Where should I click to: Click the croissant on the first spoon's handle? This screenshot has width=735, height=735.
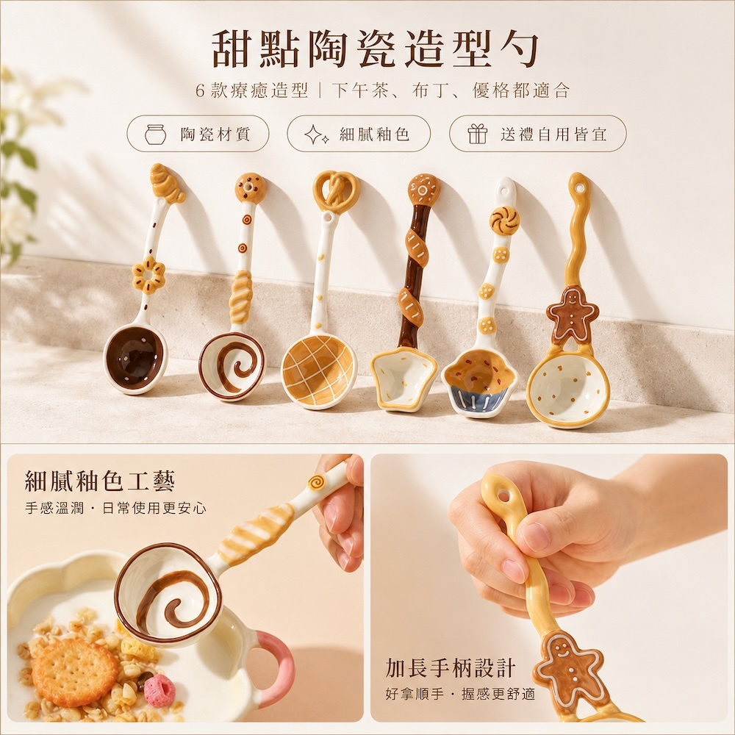tap(168, 183)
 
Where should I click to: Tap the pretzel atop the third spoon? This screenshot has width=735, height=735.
tap(336, 191)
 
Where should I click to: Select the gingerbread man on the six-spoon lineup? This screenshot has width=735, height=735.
tap(573, 312)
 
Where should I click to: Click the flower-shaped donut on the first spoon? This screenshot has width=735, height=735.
tap(148, 275)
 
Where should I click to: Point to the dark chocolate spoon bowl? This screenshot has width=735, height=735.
tap(135, 356)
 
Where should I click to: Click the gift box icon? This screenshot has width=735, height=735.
tap(477, 134)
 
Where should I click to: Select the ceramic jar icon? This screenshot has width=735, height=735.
tap(155, 134)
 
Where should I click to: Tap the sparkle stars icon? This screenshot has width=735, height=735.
tap(316, 134)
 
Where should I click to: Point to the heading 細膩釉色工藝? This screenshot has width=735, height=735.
tap(99, 481)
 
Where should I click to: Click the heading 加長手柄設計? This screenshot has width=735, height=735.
tap(451, 667)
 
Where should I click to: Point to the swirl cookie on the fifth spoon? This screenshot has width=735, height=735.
tap(505, 220)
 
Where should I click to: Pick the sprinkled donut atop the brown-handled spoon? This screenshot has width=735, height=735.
tap(423, 190)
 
